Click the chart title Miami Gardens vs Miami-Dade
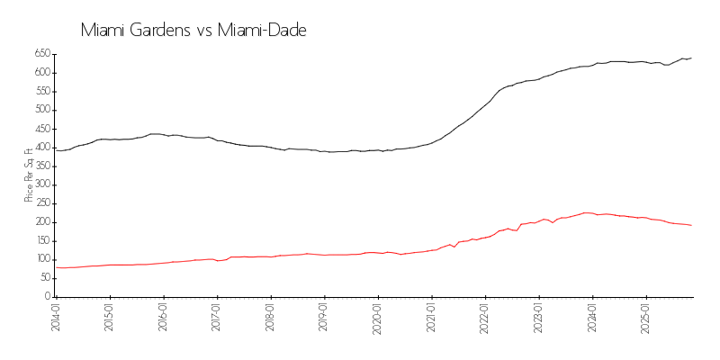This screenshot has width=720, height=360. [x=193, y=31]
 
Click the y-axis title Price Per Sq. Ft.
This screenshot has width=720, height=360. [x=29, y=175]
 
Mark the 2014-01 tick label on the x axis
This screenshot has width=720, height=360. [x=56, y=317]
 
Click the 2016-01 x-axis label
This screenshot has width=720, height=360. [x=163, y=317]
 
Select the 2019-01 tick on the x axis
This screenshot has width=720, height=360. [x=324, y=317]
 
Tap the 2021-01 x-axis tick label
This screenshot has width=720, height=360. [x=431, y=317]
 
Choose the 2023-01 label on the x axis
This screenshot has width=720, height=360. [x=538, y=317]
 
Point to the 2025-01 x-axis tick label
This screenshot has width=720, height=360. [x=645, y=317]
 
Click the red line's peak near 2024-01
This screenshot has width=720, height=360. [x=587, y=213]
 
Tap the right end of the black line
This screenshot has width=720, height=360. [x=691, y=58]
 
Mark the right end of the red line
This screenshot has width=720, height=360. [x=691, y=225]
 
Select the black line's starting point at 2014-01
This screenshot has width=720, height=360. [x=56, y=150]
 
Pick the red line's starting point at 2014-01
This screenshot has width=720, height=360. [x=56, y=267]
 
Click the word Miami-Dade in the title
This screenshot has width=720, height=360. [x=262, y=31]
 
